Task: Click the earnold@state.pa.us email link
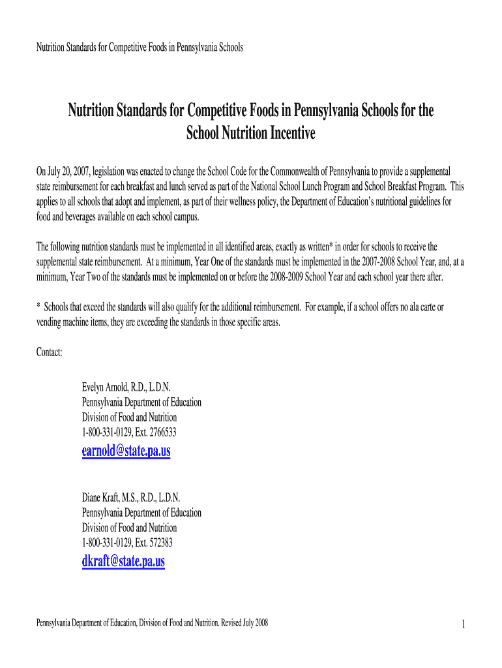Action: (126, 451)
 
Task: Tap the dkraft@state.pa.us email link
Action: (123, 561)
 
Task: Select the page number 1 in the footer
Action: (462, 625)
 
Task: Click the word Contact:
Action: (50, 352)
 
